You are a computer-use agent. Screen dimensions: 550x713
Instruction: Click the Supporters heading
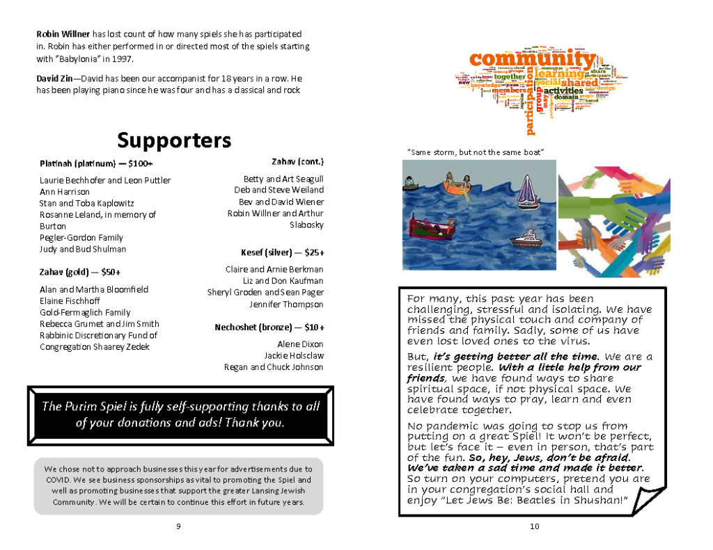[x=174, y=140]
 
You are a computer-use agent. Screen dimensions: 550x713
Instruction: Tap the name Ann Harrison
[x=65, y=192]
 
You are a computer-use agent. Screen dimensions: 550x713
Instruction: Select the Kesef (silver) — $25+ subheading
[x=282, y=252]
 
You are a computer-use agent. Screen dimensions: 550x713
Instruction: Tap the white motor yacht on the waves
[x=527, y=238]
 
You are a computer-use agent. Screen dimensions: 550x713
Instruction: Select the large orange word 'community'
[x=533, y=60]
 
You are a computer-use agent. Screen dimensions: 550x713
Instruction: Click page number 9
[x=178, y=526]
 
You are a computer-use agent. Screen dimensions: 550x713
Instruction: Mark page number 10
[x=534, y=526]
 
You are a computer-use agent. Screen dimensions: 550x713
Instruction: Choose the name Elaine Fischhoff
[x=71, y=301]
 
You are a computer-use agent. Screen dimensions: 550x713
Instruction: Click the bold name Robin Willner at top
[x=63, y=33]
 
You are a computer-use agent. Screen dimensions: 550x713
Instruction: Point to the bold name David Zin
[x=52, y=79]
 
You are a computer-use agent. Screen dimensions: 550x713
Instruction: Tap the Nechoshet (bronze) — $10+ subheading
[x=269, y=327]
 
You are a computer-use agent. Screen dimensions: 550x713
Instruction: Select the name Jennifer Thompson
[x=286, y=304]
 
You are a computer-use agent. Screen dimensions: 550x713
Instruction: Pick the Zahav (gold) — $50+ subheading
[x=75, y=272]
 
